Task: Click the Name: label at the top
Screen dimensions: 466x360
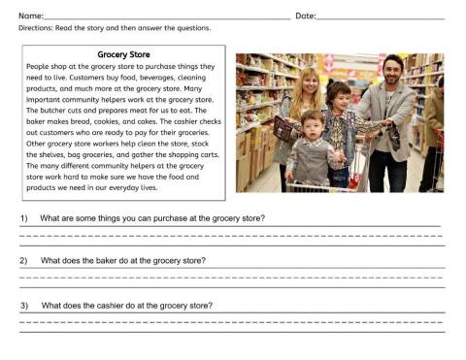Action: pos(31,16)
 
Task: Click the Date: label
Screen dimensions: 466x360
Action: pos(305,16)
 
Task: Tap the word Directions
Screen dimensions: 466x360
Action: pos(38,29)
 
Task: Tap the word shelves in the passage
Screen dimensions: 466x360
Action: pos(69,154)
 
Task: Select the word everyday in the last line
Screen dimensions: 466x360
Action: pos(121,187)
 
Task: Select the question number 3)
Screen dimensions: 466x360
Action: pos(25,306)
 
